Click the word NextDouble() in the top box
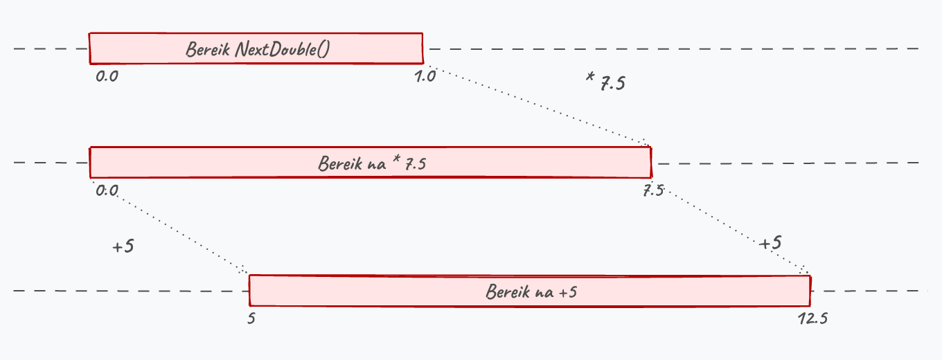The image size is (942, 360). [283, 49]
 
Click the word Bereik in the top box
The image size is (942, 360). [208, 49]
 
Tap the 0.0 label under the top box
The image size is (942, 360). [107, 76]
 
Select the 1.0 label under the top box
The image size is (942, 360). [425, 76]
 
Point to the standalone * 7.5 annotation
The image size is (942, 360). [605, 82]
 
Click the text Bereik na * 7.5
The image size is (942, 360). [372, 163]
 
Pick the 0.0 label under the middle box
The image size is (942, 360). [107, 191]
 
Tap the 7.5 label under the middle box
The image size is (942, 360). [653, 191]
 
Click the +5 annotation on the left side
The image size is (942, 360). [123, 246]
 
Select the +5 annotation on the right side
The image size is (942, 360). [770, 243]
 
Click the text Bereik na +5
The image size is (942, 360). [531, 291]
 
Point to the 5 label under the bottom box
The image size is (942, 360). [251, 318]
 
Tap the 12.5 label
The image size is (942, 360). [813, 318]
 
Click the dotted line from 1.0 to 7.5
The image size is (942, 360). [538, 107]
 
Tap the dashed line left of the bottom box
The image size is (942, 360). [131, 291]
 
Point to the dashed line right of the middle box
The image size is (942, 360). [788, 163]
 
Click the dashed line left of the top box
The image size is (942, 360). [51, 48]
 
